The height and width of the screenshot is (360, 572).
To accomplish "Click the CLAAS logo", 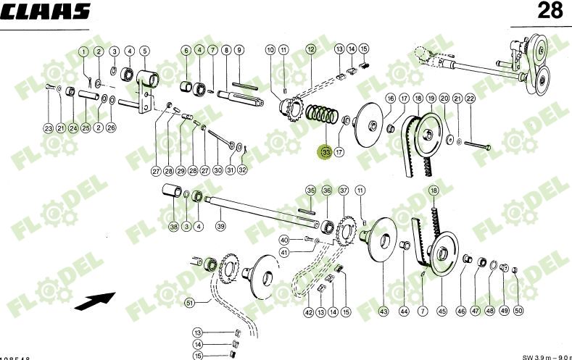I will [46, 11].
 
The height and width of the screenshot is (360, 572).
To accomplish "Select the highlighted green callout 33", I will [326, 152].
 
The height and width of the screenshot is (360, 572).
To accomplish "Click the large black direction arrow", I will [96, 301].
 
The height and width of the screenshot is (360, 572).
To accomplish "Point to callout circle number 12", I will [310, 49].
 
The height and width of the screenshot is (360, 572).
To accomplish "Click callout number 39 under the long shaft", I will [220, 226].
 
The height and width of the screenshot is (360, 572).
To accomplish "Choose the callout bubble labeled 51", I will [189, 302].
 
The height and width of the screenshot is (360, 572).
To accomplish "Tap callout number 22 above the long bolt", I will [470, 99].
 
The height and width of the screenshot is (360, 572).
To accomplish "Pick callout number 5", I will [144, 51].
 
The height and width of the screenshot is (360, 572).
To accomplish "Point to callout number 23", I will [48, 128].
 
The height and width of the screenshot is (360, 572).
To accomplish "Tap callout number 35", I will [310, 191].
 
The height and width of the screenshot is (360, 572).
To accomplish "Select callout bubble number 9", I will [239, 51].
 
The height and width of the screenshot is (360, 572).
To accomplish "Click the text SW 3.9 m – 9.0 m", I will [546, 356].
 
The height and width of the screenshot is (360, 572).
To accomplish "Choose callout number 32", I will [242, 170].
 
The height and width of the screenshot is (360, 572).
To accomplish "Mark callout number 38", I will [173, 227].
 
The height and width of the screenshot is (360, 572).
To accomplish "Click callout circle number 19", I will [431, 98].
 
